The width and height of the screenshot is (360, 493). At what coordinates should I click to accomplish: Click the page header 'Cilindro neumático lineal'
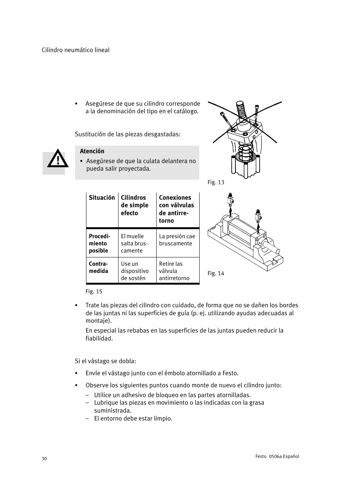click(75, 50)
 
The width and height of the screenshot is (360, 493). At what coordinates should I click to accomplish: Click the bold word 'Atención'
click(92, 151)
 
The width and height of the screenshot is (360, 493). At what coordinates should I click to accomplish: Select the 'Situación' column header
click(102, 198)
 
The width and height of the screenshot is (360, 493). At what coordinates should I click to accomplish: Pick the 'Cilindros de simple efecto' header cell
click(135, 205)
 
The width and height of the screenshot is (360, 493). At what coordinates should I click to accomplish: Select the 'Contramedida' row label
click(98, 268)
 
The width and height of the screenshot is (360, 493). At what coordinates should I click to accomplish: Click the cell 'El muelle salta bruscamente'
click(134, 243)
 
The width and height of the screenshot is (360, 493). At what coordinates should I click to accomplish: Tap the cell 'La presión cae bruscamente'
click(177, 240)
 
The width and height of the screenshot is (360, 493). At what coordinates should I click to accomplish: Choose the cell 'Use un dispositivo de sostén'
click(135, 271)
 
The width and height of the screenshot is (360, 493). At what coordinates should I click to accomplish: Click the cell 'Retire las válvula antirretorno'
click(174, 271)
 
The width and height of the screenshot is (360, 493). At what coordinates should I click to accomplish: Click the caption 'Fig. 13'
click(216, 182)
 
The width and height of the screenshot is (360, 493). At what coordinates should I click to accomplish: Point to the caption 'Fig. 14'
click(216, 273)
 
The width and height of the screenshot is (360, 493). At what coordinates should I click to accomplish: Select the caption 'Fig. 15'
click(94, 291)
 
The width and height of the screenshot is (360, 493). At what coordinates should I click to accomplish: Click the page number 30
click(45, 459)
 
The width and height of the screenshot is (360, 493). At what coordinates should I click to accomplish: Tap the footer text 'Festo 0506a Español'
click(277, 456)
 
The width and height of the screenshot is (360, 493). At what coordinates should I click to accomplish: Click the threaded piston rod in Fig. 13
click(240, 109)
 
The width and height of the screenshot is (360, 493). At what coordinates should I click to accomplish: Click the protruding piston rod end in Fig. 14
click(272, 248)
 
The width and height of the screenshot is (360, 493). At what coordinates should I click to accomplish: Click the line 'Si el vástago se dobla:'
click(105, 361)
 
